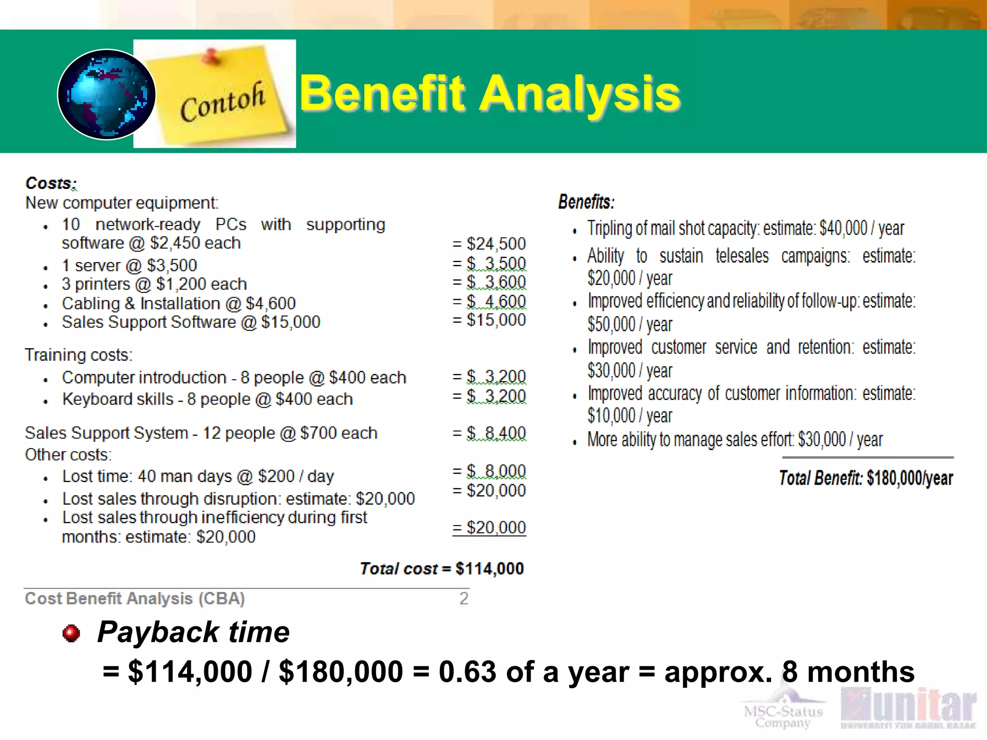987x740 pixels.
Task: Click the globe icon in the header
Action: (107, 94)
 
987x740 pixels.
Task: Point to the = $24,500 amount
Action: (489, 244)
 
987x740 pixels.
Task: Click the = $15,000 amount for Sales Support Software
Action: (489, 320)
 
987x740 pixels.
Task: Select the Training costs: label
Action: (79, 355)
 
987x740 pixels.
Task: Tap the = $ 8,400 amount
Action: (489, 433)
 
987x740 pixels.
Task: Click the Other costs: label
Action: (68, 455)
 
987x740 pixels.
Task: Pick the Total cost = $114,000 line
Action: (441, 569)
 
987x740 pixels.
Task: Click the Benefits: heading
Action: (586, 202)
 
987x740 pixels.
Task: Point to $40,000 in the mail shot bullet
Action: (843, 228)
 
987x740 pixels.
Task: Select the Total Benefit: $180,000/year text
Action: (866, 478)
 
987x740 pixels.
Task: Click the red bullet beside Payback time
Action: (71, 633)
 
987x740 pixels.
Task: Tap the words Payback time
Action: (193, 632)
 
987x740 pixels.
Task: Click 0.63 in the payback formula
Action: (467, 672)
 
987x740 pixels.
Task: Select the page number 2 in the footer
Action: (464, 598)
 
